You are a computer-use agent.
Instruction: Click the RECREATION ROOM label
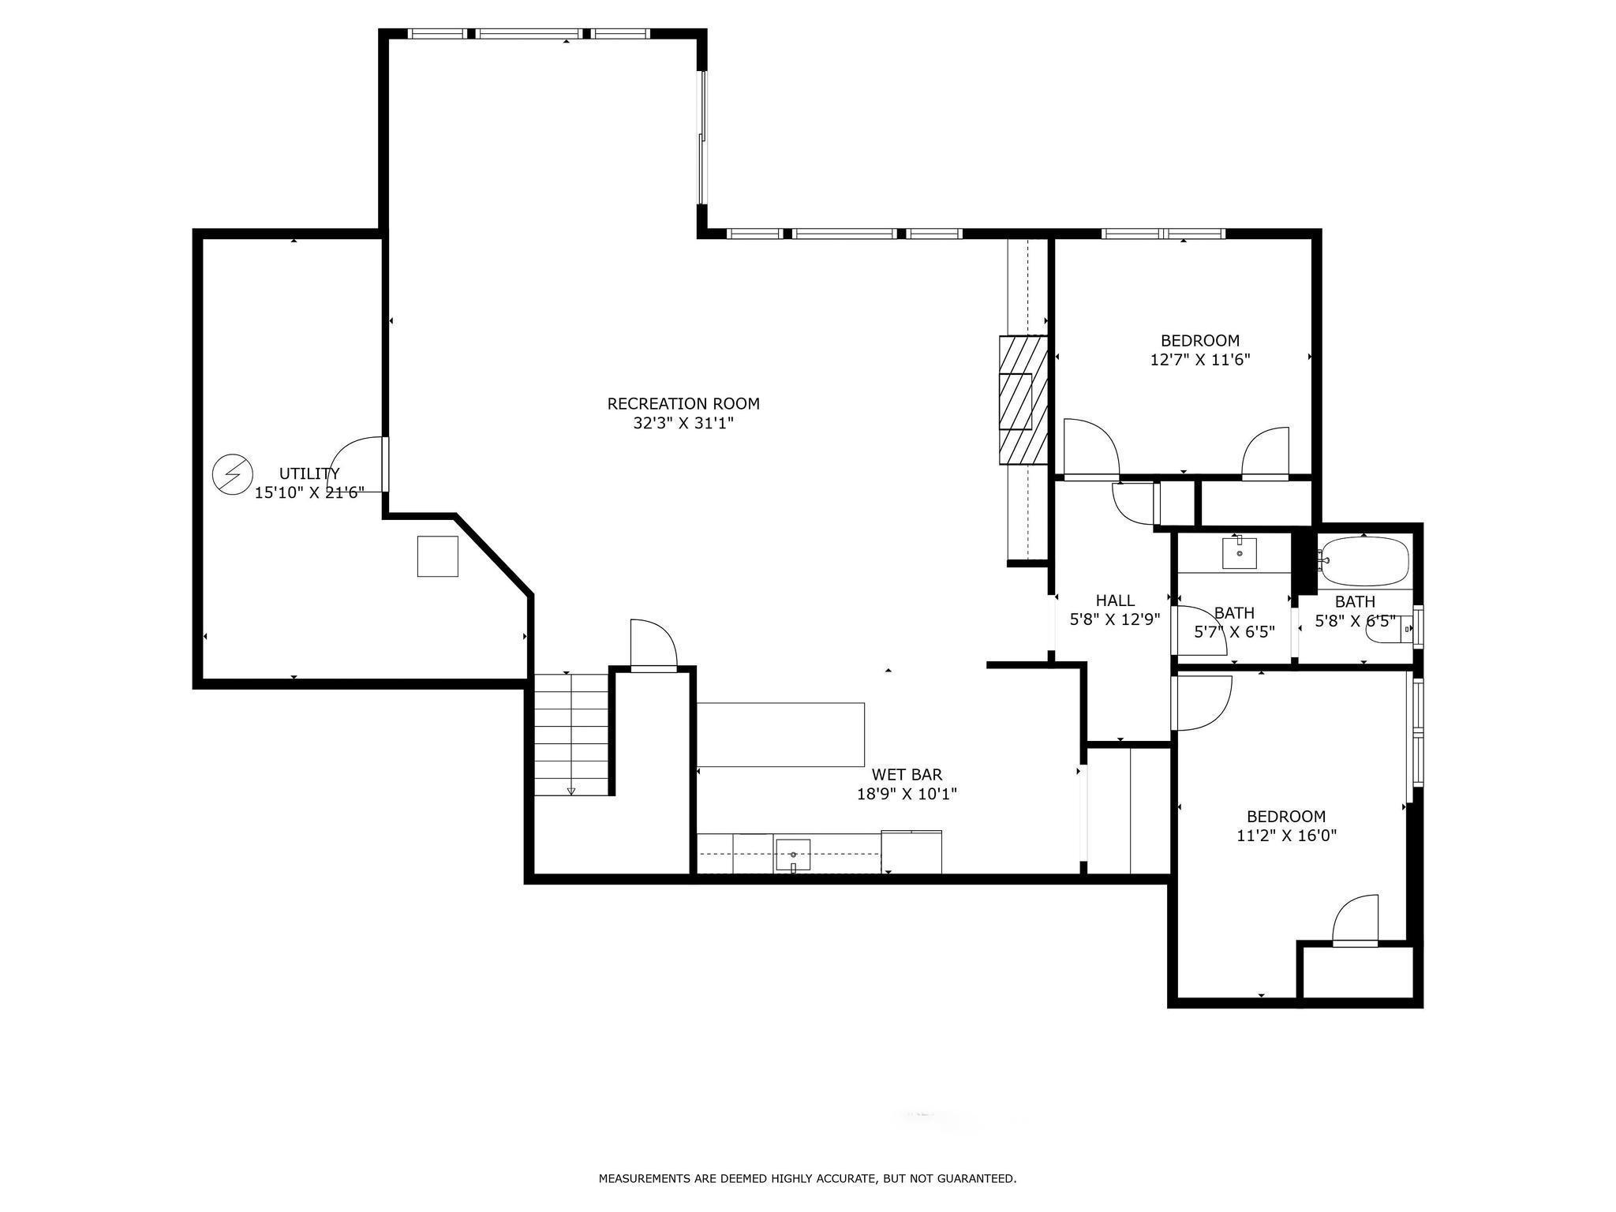coord(683,404)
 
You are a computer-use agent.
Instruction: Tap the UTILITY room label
coord(309,473)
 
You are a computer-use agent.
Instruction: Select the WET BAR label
coord(907,775)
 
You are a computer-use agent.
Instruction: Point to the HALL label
coord(1115,600)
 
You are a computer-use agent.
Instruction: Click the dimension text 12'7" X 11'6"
coord(1200,360)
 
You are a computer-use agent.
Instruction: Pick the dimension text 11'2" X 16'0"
coord(1286,836)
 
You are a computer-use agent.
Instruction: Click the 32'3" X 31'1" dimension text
coord(683,423)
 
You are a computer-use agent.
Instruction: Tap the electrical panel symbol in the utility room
coord(233,475)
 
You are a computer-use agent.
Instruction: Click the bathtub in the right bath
coord(1364,561)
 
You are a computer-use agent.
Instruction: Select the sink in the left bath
coord(1240,552)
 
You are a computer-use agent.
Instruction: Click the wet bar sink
coord(793,855)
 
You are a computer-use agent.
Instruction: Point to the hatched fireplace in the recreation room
coord(1023,401)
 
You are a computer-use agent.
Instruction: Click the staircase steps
coord(572,735)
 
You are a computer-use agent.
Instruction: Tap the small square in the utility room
coord(437,556)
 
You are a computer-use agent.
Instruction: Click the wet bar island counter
coord(780,735)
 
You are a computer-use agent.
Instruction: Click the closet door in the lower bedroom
coord(1356,920)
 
